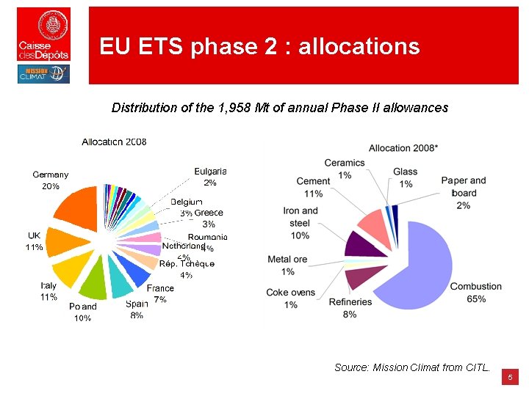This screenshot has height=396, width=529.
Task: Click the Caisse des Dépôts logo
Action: tap(44, 34)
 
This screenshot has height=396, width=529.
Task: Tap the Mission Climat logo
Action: tap(44, 74)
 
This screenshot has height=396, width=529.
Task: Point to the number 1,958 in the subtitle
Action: tap(237, 108)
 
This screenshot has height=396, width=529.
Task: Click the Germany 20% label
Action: tap(51, 180)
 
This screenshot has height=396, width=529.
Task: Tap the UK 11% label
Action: tap(35, 241)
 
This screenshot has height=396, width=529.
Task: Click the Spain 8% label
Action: tap(137, 309)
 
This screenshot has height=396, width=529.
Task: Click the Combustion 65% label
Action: tap(476, 292)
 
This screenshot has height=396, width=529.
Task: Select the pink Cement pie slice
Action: tap(373, 229)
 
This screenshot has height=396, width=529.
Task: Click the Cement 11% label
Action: tap(313, 187)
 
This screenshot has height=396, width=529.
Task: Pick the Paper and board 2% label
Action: tap(464, 193)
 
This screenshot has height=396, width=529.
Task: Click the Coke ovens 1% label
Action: tap(291, 298)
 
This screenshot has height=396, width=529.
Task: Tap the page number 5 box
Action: tap(511, 378)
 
